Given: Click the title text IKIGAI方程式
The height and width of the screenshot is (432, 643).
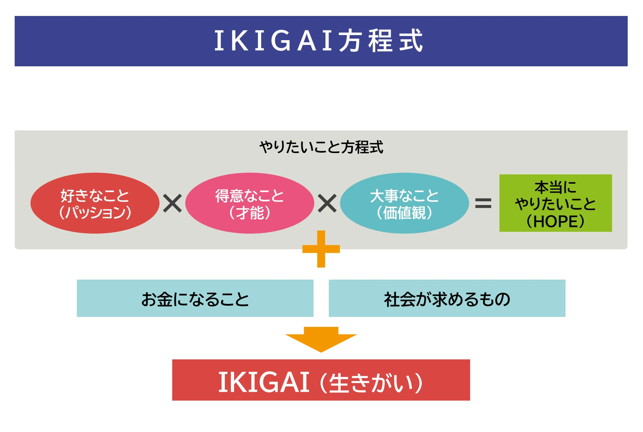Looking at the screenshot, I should tap(318, 41).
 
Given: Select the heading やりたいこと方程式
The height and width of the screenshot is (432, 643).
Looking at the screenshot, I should tap(321, 147).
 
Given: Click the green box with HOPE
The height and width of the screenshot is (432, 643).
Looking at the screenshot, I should tap(555, 203).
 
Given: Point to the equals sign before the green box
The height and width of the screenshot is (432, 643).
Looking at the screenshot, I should tap(483, 203).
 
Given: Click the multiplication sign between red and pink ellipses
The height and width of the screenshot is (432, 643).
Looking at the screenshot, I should tap(172, 203).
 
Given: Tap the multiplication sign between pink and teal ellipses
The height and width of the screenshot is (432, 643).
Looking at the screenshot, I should tap(327, 203).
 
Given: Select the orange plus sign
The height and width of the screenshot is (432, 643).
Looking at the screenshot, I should tap(321, 249).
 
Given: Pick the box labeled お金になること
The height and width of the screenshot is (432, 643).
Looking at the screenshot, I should tap(195, 298).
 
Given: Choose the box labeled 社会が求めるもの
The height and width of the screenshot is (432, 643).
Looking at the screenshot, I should tap(447, 298).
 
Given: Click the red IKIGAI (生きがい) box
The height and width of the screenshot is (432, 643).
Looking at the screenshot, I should tap(321, 380).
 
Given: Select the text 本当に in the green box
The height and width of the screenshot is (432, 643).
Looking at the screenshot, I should tap(555, 187).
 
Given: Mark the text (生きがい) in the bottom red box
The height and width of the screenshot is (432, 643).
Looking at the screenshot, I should tap(371, 383).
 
